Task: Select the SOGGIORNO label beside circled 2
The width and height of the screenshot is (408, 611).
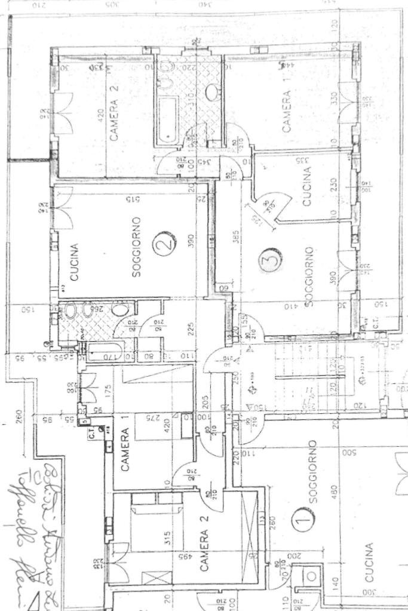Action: (x=136, y=247)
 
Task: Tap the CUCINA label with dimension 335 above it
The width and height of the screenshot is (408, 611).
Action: (x=307, y=186)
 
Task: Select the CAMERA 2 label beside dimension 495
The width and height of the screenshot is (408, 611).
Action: (x=205, y=550)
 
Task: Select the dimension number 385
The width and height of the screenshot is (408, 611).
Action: (x=237, y=238)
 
